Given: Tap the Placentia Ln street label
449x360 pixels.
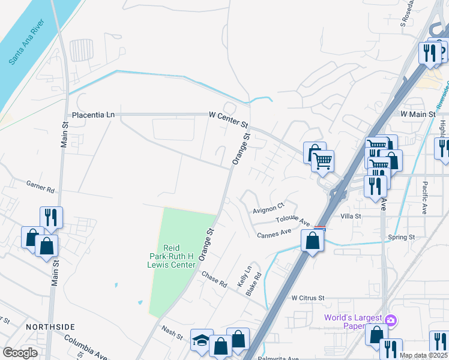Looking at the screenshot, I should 92,115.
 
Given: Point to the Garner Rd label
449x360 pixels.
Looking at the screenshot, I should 40,186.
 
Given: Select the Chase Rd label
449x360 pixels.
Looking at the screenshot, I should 214,280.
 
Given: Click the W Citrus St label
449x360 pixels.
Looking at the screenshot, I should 307,298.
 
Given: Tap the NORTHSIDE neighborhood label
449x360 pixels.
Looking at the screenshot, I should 50,326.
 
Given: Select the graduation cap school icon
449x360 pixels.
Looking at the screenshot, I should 201,340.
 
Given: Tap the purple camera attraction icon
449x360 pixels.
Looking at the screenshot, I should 391,320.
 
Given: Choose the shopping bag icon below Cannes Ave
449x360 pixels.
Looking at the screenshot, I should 312,241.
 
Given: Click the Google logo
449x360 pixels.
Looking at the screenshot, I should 20,353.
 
